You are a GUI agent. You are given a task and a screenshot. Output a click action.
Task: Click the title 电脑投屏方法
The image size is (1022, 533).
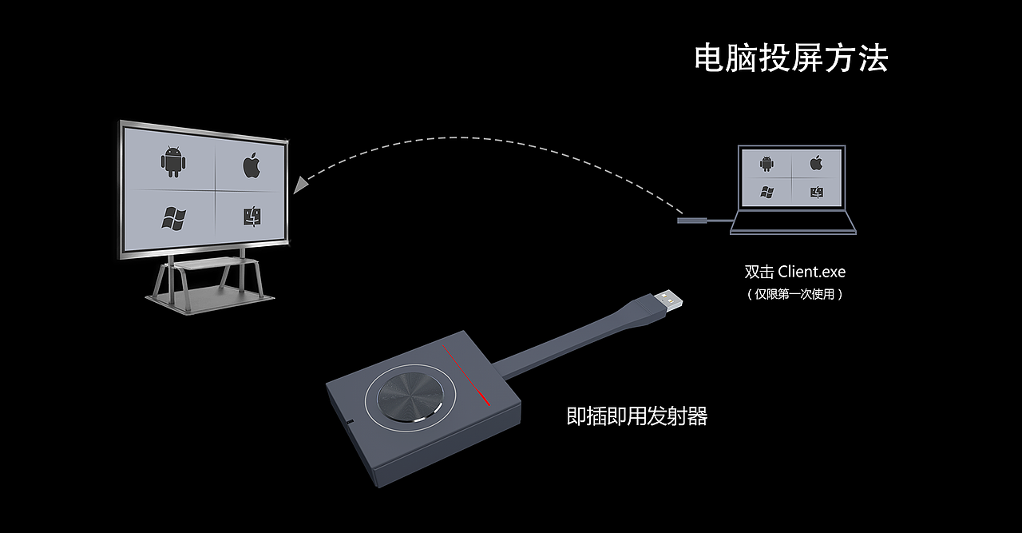(790, 59)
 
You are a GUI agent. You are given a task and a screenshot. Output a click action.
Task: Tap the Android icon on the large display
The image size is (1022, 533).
(173, 161)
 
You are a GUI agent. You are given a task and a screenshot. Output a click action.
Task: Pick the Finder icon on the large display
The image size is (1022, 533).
(253, 217)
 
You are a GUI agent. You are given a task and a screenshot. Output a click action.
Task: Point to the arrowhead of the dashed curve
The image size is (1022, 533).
(300, 185)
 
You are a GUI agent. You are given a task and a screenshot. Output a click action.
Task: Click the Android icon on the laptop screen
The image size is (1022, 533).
(766, 164)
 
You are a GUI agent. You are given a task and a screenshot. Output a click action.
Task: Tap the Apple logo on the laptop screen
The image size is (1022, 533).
(816, 163)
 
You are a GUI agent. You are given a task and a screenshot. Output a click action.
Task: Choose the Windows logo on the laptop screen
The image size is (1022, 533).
(767, 192)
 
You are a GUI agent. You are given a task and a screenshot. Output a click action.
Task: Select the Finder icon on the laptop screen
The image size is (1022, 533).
(816, 192)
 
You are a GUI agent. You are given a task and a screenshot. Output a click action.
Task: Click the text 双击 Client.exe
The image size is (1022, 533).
(794, 272)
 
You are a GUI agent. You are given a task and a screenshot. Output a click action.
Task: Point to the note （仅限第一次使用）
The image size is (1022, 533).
(794, 294)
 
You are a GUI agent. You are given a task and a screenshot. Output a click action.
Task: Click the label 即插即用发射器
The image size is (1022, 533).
(636, 416)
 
